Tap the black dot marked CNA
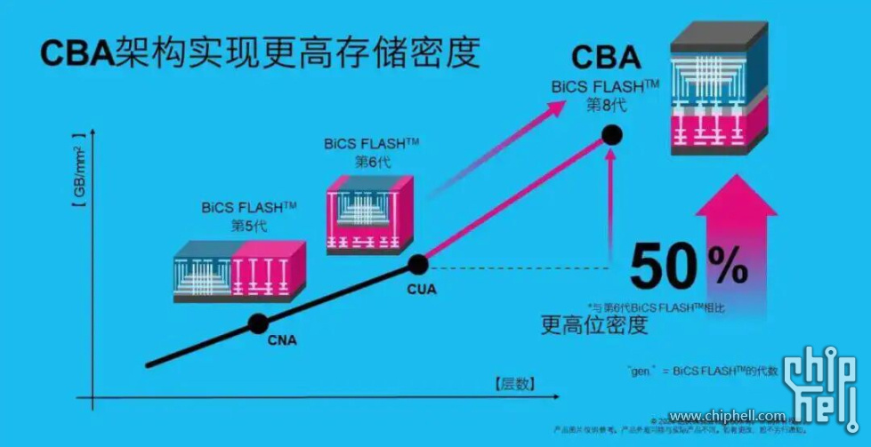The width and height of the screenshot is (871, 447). point(258,323)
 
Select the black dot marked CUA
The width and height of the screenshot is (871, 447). point(418,263)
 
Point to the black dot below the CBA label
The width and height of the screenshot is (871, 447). point(611,135)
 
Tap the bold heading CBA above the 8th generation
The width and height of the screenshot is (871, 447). point(606,58)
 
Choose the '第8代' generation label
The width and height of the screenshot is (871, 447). point(604,105)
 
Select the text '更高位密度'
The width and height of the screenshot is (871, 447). point(594,323)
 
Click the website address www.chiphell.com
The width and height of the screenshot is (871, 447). point(727,416)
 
